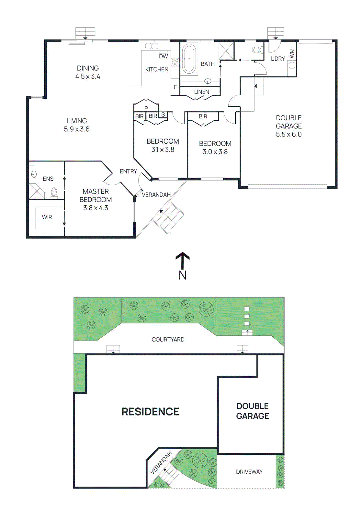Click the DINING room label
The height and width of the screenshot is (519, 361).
(x=88, y=68)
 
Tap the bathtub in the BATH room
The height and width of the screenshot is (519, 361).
(x=189, y=59)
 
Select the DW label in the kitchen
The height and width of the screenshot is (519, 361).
(x=164, y=56)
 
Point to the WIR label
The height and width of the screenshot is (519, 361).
(x=47, y=217)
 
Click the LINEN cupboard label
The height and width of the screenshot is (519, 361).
(x=202, y=92)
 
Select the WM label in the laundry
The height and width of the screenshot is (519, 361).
(x=292, y=53)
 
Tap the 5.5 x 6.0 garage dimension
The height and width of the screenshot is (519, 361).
(x=289, y=135)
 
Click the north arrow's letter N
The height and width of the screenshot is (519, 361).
(x=183, y=275)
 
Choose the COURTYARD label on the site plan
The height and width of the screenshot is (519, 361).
(x=168, y=340)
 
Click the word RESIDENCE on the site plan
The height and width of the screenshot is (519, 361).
(x=150, y=412)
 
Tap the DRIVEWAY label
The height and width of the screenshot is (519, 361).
(x=249, y=472)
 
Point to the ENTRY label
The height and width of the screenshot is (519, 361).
(x=129, y=171)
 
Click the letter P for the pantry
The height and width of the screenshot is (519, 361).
(x=146, y=108)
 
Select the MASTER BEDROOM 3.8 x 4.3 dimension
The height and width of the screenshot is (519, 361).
(x=96, y=208)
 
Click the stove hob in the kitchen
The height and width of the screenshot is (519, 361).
(x=175, y=62)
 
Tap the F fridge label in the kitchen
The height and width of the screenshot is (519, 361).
(x=175, y=87)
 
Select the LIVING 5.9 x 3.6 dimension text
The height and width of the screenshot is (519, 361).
(x=77, y=129)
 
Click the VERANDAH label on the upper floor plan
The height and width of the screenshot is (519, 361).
(x=156, y=195)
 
